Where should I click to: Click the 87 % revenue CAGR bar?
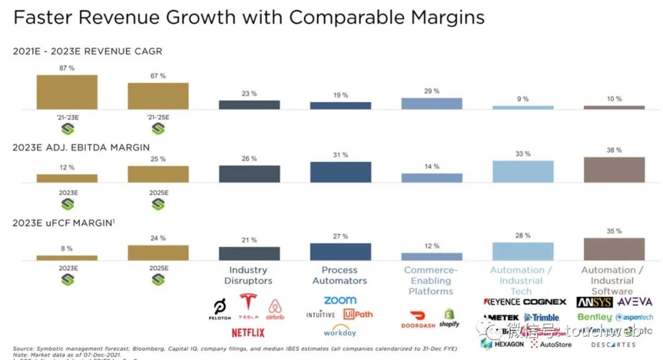(67, 92)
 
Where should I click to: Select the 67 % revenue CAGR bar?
(158, 96)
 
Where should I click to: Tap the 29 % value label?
(432, 91)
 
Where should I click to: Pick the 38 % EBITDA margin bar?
(614, 170)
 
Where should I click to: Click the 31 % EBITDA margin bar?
(341, 172)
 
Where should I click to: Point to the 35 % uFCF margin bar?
(614, 249)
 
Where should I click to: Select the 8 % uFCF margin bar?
(67, 258)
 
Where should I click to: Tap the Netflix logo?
(248, 332)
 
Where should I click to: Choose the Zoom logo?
(339, 300)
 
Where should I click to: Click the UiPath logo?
(358, 314)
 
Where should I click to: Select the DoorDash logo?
(418, 324)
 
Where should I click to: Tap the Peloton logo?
(219, 309)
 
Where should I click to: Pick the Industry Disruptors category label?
(248, 275)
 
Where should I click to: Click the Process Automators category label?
(339, 275)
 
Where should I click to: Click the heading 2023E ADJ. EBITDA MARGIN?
(81, 147)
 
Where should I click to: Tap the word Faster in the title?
(45, 17)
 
